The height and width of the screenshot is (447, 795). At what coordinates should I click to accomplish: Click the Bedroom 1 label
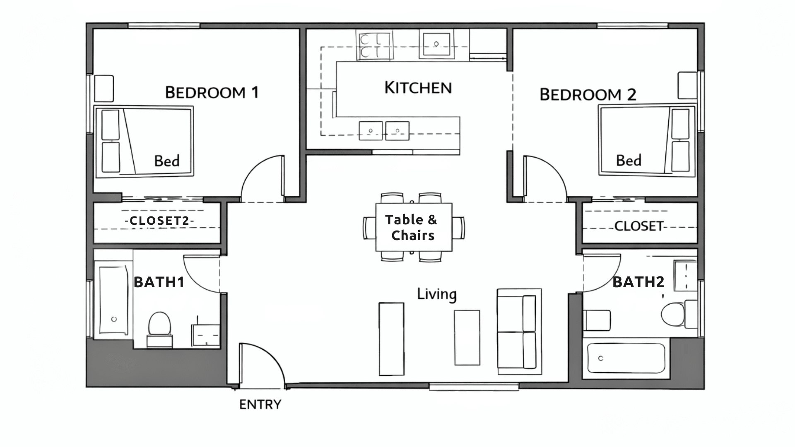click(x=212, y=92)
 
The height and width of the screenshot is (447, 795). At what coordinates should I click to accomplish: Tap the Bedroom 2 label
click(x=588, y=95)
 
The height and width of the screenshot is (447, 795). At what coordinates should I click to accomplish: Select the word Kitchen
click(x=418, y=88)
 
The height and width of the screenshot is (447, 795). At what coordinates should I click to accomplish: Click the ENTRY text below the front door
click(x=260, y=404)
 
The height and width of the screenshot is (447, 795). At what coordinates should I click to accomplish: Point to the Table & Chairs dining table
click(x=413, y=227)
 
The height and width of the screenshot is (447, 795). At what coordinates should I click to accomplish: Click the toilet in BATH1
click(x=159, y=325)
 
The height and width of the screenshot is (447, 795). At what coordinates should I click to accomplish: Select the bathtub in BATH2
click(x=626, y=358)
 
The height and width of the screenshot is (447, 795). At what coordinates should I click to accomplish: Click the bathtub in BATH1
click(x=113, y=300)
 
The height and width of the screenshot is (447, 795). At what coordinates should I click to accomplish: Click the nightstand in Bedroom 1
click(x=104, y=88)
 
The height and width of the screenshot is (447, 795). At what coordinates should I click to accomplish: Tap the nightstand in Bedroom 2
click(x=687, y=85)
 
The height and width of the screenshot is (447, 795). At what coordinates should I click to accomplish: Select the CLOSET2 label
click(x=159, y=221)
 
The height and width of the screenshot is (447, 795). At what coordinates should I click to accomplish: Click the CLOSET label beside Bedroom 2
click(x=638, y=226)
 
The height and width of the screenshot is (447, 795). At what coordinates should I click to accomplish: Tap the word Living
click(x=436, y=294)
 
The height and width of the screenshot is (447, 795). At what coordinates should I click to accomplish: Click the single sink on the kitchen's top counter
click(x=436, y=44)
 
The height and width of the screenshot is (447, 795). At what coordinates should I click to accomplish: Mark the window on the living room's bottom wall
click(x=474, y=387)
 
